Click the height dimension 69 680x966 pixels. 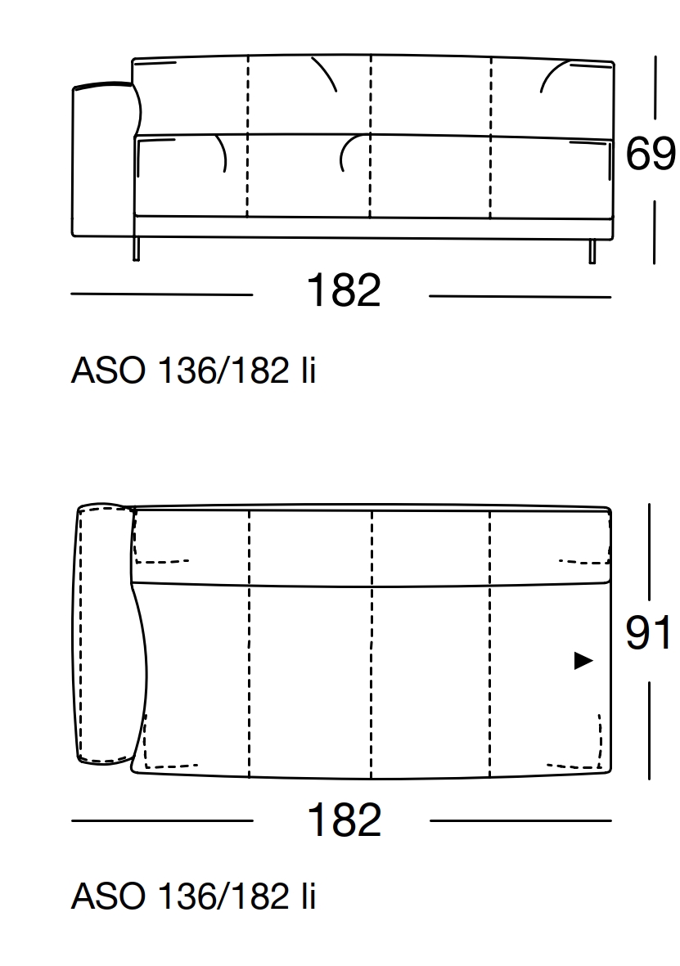[x=651, y=154]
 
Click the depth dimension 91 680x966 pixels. [x=649, y=632]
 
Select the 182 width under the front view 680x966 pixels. [x=344, y=290]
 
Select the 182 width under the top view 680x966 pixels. [x=344, y=820]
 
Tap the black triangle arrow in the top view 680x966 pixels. [x=583, y=661]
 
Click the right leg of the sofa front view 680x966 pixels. [x=592, y=251]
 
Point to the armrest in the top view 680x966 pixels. [x=106, y=634]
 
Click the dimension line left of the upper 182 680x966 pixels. [x=162, y=294]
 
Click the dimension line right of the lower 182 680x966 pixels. [x=520, y=820]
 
